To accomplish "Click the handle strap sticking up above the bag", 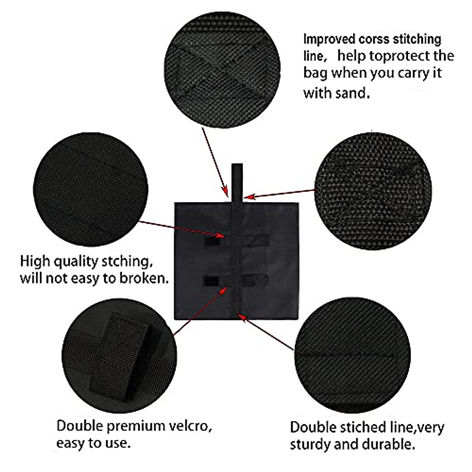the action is (x=237, y=183).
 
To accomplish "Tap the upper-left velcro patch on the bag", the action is (x=212, y=241).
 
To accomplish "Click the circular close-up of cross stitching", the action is (x=222, y=70).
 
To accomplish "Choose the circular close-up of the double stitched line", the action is (x=352, y=355).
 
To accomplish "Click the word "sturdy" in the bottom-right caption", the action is (x=310, y=444).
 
